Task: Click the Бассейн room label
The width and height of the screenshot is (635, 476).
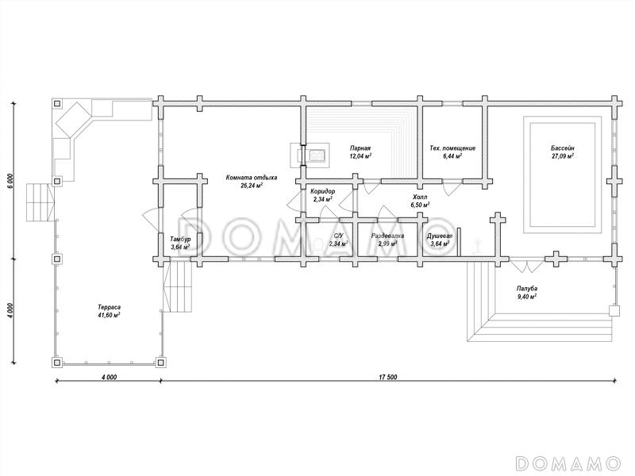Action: [563, 148]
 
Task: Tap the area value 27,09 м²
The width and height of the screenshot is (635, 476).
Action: [563, 155]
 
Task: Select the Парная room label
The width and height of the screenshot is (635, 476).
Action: [360, 148]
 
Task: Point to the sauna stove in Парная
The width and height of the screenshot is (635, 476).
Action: [310, 154]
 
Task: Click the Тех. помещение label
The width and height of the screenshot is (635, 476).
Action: [452, 148]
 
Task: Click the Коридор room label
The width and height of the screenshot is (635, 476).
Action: [323, 191]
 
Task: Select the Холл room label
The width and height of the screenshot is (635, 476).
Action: [420, 197]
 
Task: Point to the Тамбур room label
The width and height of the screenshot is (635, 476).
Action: [180, 239]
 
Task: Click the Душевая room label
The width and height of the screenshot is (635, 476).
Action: [440, 236]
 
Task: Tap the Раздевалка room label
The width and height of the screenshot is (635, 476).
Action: [387, 236]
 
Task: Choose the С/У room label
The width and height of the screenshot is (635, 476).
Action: [338, 236]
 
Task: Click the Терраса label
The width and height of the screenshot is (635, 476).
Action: [109, 307]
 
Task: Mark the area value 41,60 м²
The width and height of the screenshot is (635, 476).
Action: [109, 315]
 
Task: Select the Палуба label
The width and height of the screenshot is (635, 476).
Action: [526, 289]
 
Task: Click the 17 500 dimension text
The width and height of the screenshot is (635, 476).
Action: [388, 378]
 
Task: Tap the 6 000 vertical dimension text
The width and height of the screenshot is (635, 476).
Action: [11, 181]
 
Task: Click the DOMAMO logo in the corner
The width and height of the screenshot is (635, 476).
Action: [568, 463]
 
